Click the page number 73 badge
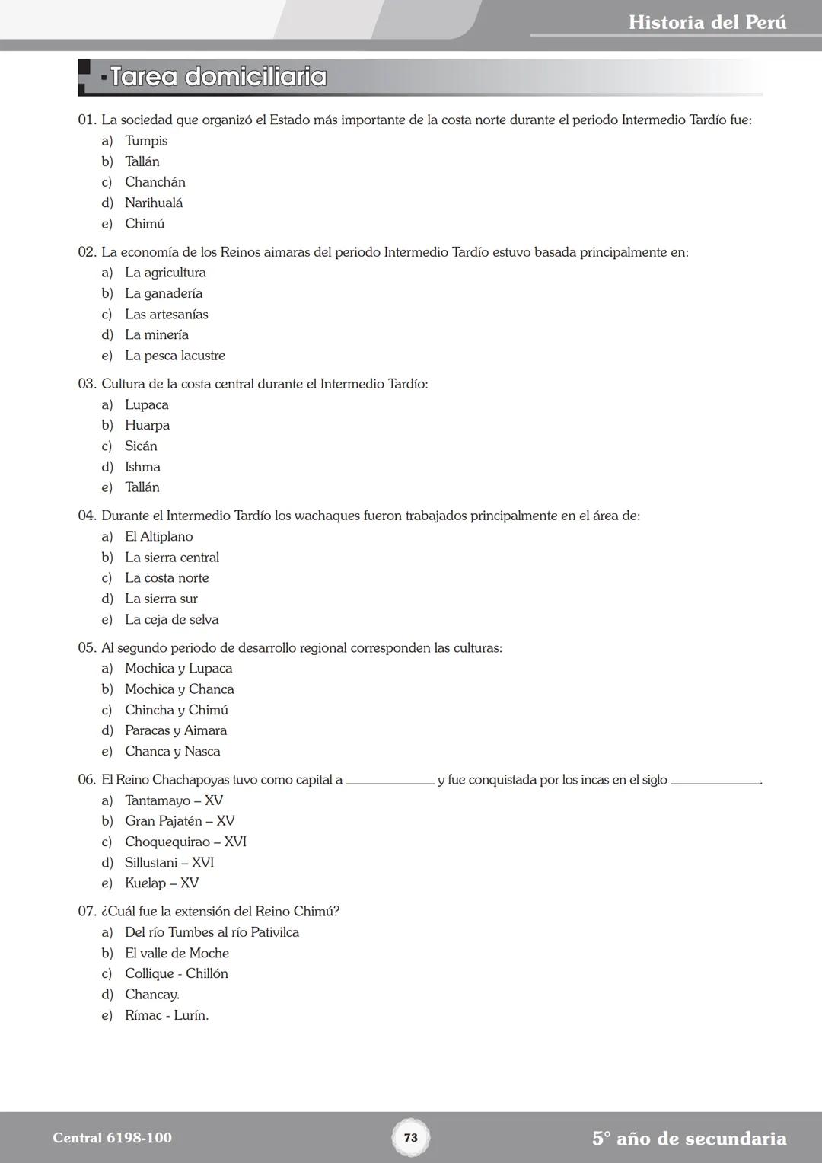(410, 1138)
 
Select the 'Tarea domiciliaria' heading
(218, 77)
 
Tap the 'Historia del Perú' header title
(707, 22)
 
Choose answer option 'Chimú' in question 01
(145, 224)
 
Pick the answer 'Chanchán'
(155, 182)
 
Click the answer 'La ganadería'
(164, 293)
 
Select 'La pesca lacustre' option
(175, 356)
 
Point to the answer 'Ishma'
(142, 467)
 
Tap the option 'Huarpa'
(147, 425)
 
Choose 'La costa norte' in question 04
(167, 578)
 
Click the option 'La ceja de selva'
(172, 620)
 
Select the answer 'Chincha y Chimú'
(177, 710)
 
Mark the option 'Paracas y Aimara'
(176, 730)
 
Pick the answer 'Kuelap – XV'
(161, 883)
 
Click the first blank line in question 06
(390, 781)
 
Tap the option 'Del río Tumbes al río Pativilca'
(212, 932)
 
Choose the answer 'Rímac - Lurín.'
(167, 1015)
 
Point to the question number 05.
(87, 648)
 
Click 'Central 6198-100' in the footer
(112, 1138)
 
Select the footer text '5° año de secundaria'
(689, 1139)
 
